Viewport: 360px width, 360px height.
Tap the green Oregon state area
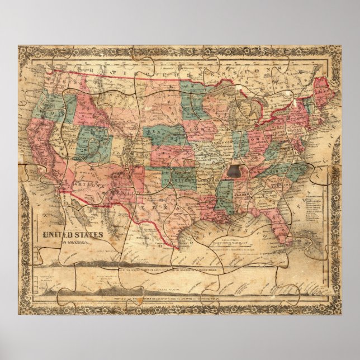[48, 106]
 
